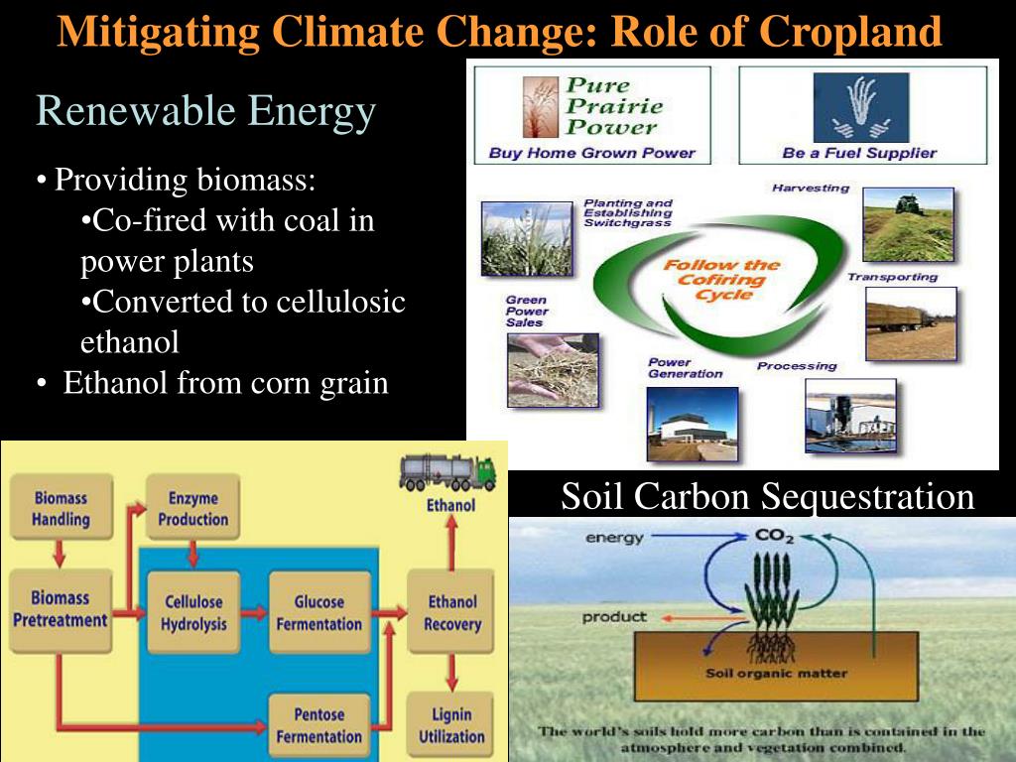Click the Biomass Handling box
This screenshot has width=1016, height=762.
point(61,508)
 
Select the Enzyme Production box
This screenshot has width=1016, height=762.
point(192,508)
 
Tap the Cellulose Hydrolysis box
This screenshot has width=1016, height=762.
point(193,613)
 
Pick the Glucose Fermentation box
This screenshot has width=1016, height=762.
point(318,613)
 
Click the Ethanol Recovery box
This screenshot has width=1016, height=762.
point(451,613)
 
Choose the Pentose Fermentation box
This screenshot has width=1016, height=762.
point(318,725)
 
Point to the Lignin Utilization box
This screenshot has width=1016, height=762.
point(451,725)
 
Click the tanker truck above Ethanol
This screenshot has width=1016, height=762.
point(447,472)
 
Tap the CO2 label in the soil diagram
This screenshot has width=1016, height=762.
point(774,537)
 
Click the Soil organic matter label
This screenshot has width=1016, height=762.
point(777,673)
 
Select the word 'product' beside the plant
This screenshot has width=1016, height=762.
point(614,617)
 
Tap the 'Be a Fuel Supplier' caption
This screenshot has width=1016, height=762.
point(859,153)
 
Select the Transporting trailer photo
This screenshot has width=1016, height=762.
point(910,323)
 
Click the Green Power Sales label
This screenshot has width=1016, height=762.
point(527,310)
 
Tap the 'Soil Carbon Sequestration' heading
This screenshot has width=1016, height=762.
point(768,496)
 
